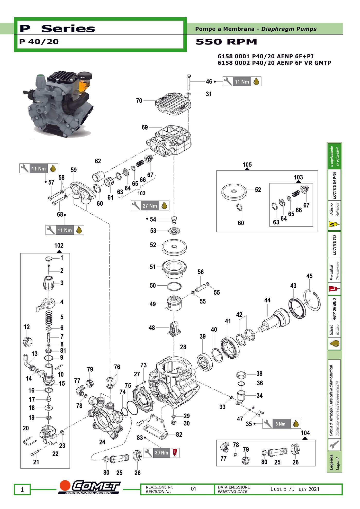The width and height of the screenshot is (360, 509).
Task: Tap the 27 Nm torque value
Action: tap(150, 206)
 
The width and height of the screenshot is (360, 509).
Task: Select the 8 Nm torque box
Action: tap(280, 424)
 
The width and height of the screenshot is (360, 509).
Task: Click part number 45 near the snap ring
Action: tap(309, 276)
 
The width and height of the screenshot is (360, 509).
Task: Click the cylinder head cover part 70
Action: tap(173, 103)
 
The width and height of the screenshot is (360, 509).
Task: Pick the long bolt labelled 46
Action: tap(189, 83)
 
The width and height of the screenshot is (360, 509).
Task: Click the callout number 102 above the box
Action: tap(59, 246)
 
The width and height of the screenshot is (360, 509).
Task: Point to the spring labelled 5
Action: tap(49, 318)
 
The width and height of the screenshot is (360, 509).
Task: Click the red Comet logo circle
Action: tap(65, 486)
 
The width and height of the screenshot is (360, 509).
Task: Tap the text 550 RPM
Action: tap(226, 42)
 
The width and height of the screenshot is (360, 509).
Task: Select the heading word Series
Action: tap(68, 29)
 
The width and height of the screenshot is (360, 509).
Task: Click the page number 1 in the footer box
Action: tap(22, 489)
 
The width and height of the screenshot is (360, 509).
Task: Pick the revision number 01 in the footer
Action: tap(193, 489)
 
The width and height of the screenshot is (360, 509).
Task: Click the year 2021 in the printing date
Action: tap(314, 489)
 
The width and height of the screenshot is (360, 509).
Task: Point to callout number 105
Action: tap(247, 165)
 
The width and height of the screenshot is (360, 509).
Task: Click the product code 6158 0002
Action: tap(233, 63)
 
